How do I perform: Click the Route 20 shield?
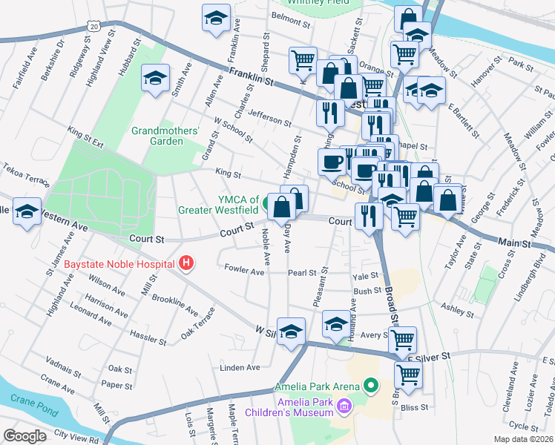click(93, 26)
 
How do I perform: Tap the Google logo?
click(25, 435)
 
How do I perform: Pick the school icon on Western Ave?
click(27, 214)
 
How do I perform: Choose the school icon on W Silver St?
click(292, 331)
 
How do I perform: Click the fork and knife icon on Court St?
click(367, 217)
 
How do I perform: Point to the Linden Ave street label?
click(240, 367)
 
